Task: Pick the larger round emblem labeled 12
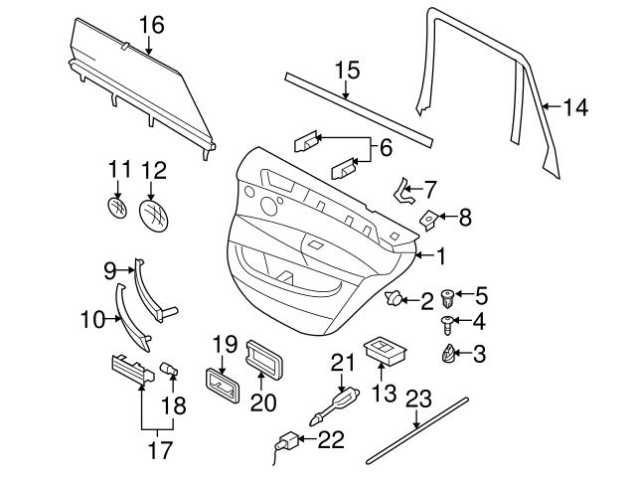pos(154,214)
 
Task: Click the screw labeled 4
pos(449,322)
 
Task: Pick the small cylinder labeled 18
pos(169,372)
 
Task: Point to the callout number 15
pos(345,71)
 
